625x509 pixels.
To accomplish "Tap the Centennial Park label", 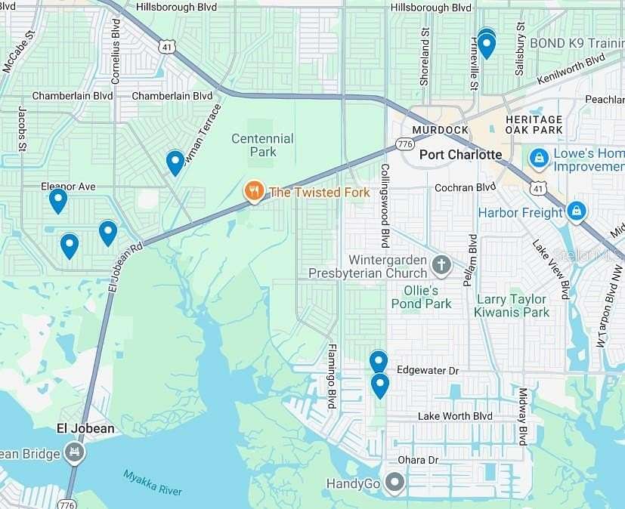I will [x=261, y=145].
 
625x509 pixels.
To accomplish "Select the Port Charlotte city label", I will [x=460, y=155].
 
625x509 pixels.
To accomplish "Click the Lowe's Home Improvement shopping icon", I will [x=539, y=158].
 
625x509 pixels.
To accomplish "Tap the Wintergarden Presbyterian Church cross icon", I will [x=441, y=264].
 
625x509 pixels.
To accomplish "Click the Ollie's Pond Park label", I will [x=421, y=297].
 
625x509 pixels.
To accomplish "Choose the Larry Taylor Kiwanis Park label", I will [x=512, y=305].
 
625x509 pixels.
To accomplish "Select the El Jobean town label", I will [x=86, y=428].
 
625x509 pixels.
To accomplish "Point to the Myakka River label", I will [x=153, y=483].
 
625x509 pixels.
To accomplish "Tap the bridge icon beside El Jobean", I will [x=74, y=452].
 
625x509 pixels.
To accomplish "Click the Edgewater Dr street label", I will [x=427, y=372].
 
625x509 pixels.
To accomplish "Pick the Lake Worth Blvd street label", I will [x=455, y=416].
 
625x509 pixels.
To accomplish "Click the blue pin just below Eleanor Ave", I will [x=58, y=200].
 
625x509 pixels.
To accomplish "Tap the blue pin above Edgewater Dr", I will [x=379, y=362].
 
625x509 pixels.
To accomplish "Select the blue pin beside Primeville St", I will [x=487, y=45].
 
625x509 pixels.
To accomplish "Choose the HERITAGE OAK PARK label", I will [x=534, y=125].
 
